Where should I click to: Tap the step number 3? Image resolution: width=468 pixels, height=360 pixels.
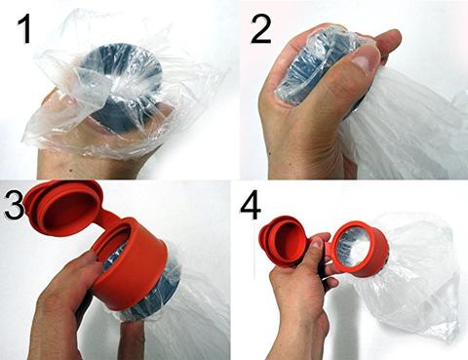(x=14, y=205)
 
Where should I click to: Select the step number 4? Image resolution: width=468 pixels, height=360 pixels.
(x=251, y=207)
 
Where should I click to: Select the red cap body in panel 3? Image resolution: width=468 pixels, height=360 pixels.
(x=136, y=266)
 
